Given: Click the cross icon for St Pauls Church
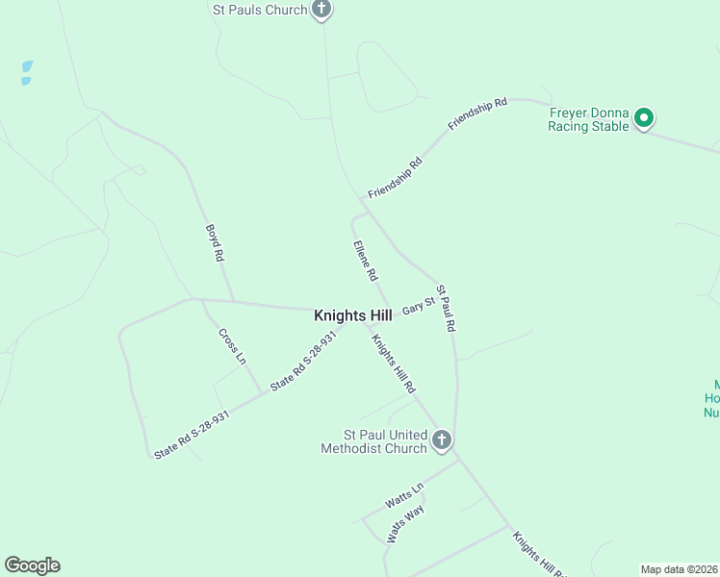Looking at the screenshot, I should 321,10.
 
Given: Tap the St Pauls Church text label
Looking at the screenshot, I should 259,11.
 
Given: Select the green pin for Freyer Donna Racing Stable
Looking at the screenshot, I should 644,119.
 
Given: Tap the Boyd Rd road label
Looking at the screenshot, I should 215,243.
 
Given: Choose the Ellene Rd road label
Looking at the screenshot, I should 365,261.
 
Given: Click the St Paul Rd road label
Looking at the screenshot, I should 445,308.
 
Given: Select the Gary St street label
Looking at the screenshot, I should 419,306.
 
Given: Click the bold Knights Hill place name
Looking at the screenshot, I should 352,315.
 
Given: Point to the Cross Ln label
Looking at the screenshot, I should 232,346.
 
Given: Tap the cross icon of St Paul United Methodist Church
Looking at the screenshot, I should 442,440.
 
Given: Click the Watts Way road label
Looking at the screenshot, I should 405,525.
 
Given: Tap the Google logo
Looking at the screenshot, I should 32,565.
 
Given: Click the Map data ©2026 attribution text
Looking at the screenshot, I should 679,569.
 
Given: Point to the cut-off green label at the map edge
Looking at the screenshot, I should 712,400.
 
